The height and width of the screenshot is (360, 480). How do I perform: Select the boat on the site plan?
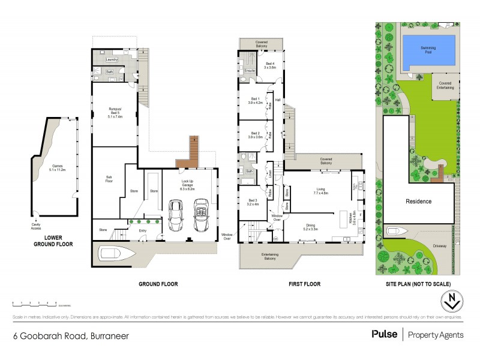click(x=395, y=231)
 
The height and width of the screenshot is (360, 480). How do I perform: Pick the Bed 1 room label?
click(x=256, y=101)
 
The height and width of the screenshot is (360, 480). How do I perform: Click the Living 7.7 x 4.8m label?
click(x=320, y=191)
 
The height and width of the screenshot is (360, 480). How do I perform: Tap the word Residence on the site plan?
click(x=418, y=202)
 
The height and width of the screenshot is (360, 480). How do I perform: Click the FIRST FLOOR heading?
click(x=304, y=283)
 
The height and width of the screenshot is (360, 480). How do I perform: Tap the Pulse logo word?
click(x=384, y=334)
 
